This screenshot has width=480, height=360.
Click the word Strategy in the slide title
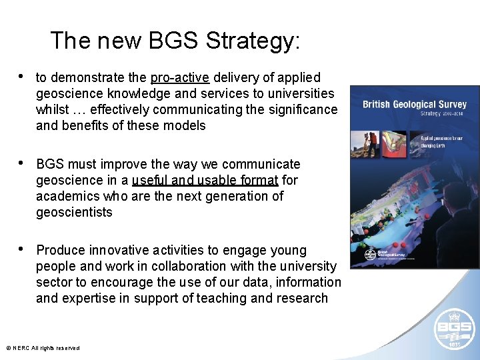click(253, 41)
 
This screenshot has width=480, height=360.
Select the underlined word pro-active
click(180, 78)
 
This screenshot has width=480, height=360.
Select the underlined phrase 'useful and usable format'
click(205, 181)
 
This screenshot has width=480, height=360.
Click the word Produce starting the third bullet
click(61, 251)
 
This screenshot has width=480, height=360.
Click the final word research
click(300, 299)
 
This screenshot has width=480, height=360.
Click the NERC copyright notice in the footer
click(43, 348)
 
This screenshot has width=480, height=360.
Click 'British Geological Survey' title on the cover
click(414, 104)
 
